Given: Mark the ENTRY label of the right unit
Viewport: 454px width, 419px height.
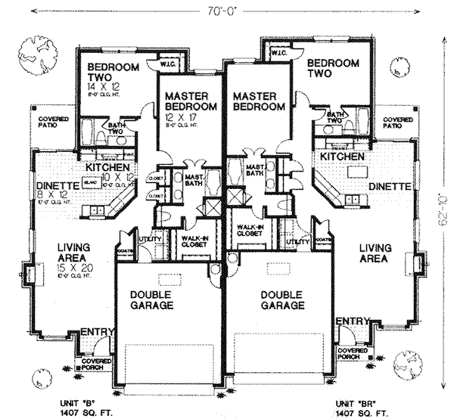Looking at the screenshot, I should (x=351, y=322).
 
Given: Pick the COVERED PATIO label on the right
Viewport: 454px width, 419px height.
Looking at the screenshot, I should (x=396, y=123).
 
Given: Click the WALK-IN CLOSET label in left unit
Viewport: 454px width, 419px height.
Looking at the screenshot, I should (x=195, y=241).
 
